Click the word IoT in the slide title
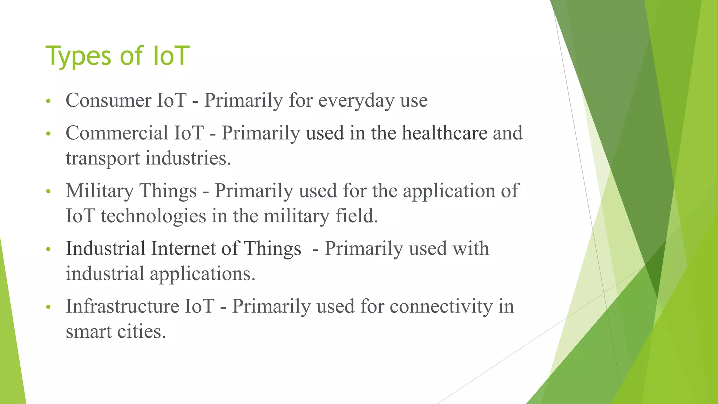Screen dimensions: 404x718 171,56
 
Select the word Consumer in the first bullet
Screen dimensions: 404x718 108,100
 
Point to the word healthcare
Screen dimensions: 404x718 445,133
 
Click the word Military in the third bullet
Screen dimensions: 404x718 100,191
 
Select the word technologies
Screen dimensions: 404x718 153,216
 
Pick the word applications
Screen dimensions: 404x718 202,274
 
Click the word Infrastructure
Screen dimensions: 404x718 122,306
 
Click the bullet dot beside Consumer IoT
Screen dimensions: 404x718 48,102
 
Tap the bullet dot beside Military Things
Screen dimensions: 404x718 48,192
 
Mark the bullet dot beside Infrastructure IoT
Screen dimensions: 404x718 48,307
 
